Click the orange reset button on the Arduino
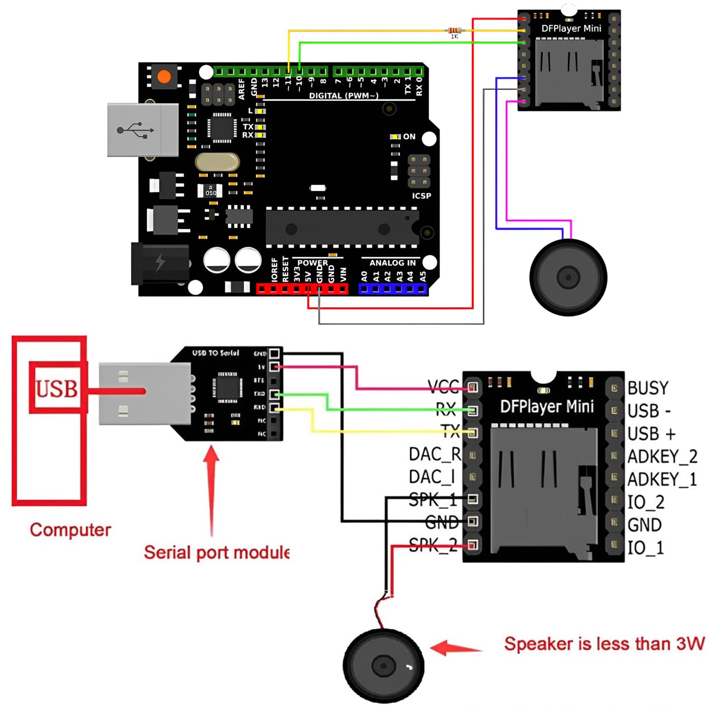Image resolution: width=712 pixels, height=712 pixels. coord(164,77)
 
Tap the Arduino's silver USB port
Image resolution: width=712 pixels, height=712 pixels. coord(142,130)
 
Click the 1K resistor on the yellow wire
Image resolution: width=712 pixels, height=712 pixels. coord(454,31)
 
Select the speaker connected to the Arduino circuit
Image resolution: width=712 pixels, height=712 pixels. coord(568,277)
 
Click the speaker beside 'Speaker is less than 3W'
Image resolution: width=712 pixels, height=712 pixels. coord(383,665)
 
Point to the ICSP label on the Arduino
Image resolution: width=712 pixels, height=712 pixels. coord(421,196)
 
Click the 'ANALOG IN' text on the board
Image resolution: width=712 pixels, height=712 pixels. coord(392,263)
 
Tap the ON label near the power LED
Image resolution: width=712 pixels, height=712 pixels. coord(409,137)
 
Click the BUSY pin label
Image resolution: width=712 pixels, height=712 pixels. coord(647,388)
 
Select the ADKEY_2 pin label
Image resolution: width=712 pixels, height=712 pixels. coord(662,457)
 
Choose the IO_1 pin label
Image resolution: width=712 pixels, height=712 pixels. coord(646,548)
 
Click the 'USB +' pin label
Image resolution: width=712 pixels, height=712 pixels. coord(651,434)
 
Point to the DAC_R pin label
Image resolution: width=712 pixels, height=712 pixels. coord(434,454)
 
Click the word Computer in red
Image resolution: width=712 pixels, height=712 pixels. coord(70,530)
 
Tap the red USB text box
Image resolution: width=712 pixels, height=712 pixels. coord(57,388)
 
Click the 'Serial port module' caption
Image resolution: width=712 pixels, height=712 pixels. coord(216,553)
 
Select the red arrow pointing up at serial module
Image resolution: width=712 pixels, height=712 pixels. coord(212,489)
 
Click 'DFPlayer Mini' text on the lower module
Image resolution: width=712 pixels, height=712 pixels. coord(546,407)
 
